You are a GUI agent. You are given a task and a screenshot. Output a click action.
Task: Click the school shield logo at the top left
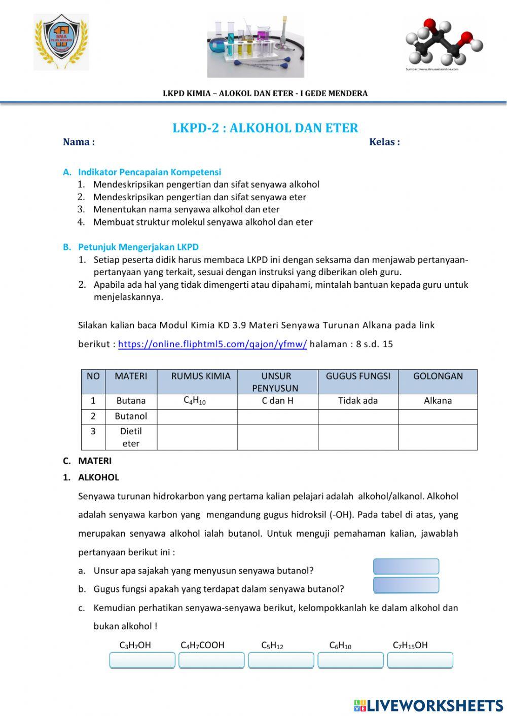(x=61, y=43)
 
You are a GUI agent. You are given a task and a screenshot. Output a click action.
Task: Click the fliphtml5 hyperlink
(x=212, y=345)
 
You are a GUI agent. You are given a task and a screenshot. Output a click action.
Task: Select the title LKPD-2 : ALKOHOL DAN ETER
(x=265, y=128)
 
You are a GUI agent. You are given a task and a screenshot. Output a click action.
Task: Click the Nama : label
(x=79, y=142)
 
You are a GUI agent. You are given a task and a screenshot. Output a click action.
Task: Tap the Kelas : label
(x=384, y=142)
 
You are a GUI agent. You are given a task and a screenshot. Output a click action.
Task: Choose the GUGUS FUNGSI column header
(x=358, y=376)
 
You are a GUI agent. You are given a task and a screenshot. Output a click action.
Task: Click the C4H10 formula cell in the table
(x=195, y=401)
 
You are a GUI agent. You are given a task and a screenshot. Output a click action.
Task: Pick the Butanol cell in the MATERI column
(x=131, y=417)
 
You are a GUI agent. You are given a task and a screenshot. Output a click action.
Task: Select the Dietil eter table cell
(x=131, y=437)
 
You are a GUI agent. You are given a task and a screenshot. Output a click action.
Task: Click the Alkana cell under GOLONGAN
(x=438, y=401)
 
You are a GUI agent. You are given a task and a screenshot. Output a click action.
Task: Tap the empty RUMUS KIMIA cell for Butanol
(x=197, y=417)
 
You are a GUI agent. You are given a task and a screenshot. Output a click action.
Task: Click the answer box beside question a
(x=406, y=567)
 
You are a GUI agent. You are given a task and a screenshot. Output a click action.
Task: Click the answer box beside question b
(x=406, y=585)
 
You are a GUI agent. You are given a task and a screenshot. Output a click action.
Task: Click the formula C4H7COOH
(x=202, y=646)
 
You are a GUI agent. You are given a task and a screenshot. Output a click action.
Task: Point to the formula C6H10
(x=340, y=646)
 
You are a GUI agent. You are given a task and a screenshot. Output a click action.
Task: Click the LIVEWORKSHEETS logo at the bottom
(x=428, y=705)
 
